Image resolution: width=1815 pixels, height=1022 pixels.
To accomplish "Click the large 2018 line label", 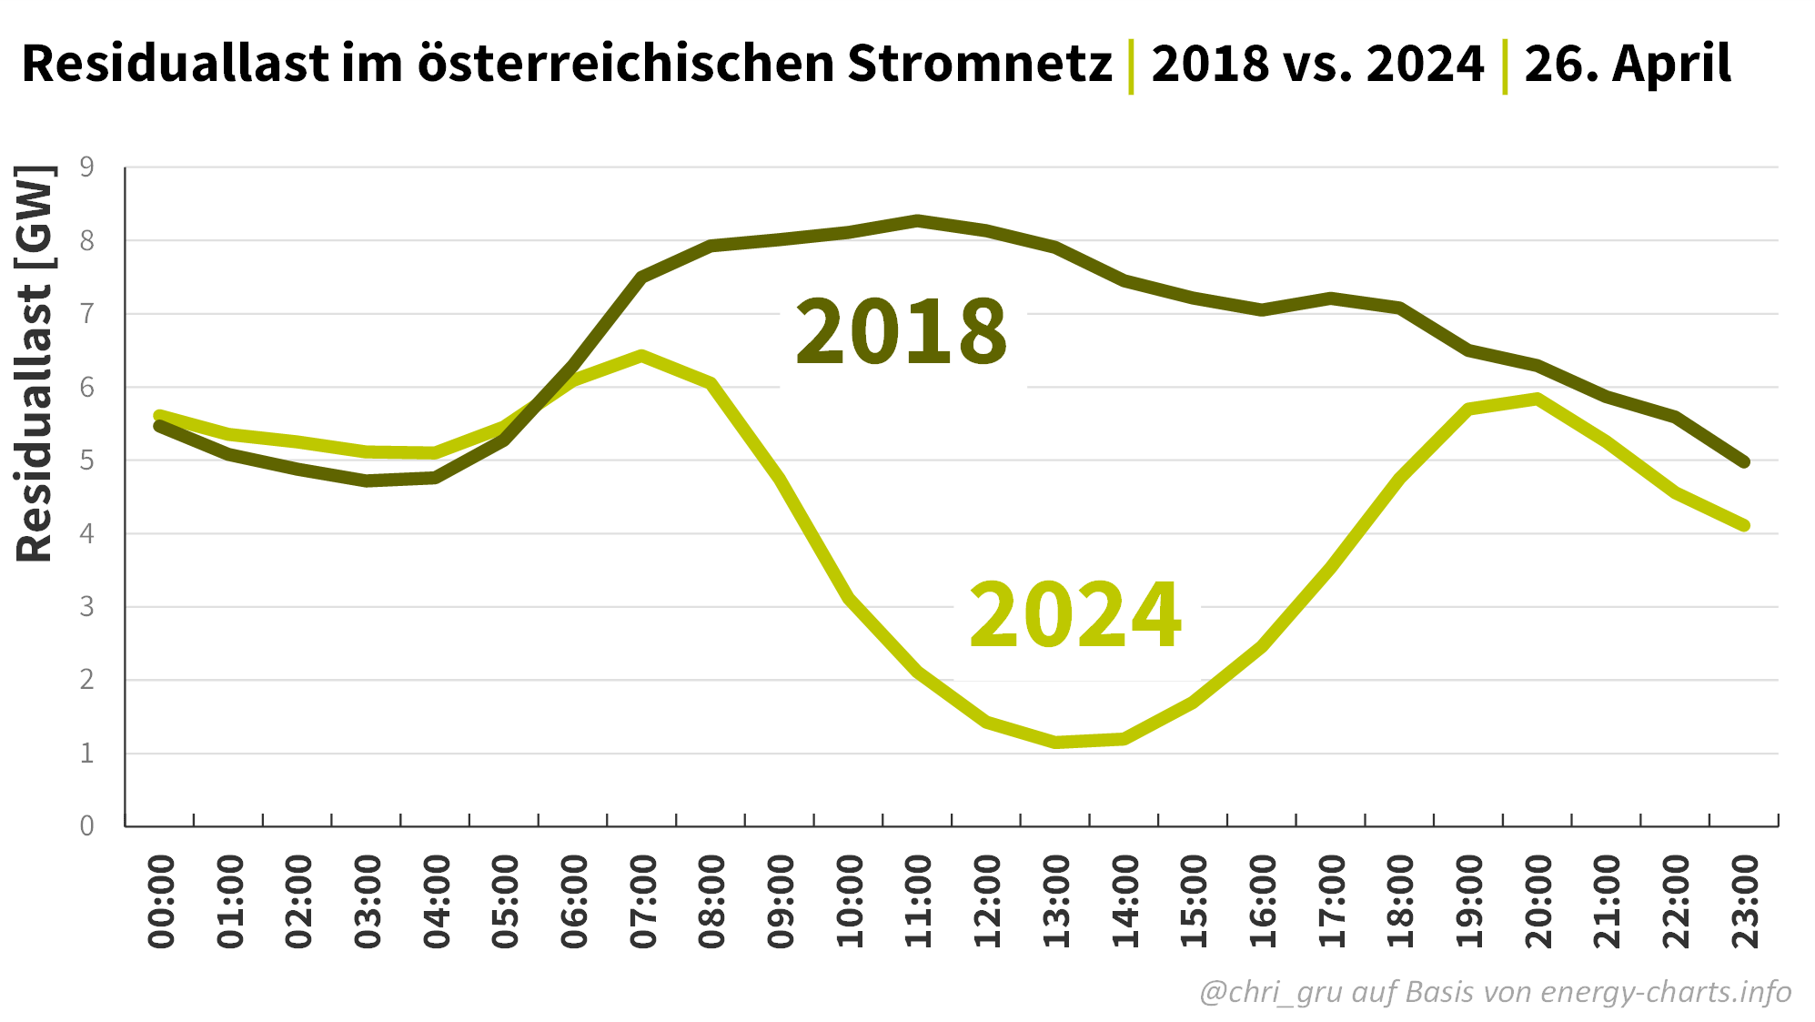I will pos(901,332).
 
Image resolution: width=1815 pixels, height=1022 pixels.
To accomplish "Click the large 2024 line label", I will pos(1075,616).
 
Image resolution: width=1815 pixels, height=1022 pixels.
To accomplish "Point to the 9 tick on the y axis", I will pos(87,167).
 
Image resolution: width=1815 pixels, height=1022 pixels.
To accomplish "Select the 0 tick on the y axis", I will pos(87,825).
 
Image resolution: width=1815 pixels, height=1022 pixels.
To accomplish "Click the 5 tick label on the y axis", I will pos(87,460).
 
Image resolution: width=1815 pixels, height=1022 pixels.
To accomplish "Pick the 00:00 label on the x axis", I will pos(161,901).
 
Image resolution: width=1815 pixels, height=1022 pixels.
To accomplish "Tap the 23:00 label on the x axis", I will pos(1746,901).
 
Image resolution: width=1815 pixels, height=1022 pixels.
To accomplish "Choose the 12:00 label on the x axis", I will pos(988,901).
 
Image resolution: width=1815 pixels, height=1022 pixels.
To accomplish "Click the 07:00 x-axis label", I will pos(643,901).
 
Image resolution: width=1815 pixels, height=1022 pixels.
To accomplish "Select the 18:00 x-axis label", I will pos(1401,901).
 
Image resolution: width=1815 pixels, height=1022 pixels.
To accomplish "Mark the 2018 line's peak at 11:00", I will pos(918,220).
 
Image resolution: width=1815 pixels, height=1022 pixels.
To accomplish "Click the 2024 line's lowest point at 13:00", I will pos(1056,743).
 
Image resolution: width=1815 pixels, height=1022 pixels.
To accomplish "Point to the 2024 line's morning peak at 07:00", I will pos(642,356).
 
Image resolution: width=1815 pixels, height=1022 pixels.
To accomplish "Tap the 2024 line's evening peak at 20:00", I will pos(1538,399).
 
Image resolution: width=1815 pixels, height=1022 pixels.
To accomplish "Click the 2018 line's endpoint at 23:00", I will pos(1744,462).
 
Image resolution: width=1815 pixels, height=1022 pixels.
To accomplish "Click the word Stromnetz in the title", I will pos(980,64).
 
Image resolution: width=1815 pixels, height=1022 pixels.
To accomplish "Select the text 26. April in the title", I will pos(1628,64).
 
